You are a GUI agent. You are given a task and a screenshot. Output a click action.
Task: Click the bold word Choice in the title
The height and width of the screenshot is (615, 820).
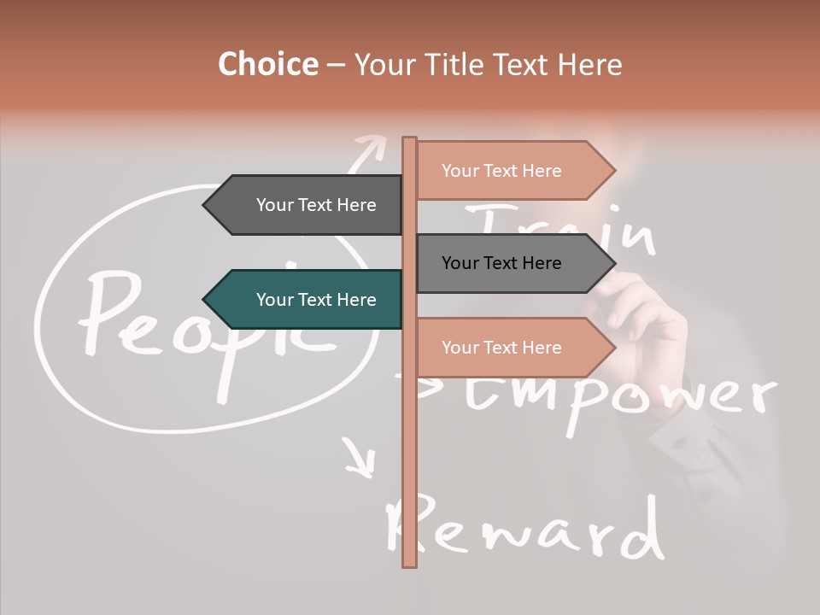267,65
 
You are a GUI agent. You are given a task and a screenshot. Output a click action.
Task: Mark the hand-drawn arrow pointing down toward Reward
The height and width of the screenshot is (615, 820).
360,458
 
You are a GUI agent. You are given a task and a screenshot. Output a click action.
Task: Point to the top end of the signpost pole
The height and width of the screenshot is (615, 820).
409,139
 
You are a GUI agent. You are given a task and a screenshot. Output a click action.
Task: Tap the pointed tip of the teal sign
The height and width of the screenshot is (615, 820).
205,300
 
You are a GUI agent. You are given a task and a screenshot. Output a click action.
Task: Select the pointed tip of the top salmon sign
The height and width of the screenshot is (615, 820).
614,171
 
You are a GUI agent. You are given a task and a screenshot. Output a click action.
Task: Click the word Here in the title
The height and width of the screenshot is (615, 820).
589,65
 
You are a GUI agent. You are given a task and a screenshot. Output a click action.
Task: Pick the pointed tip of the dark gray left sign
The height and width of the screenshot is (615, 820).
205,205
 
